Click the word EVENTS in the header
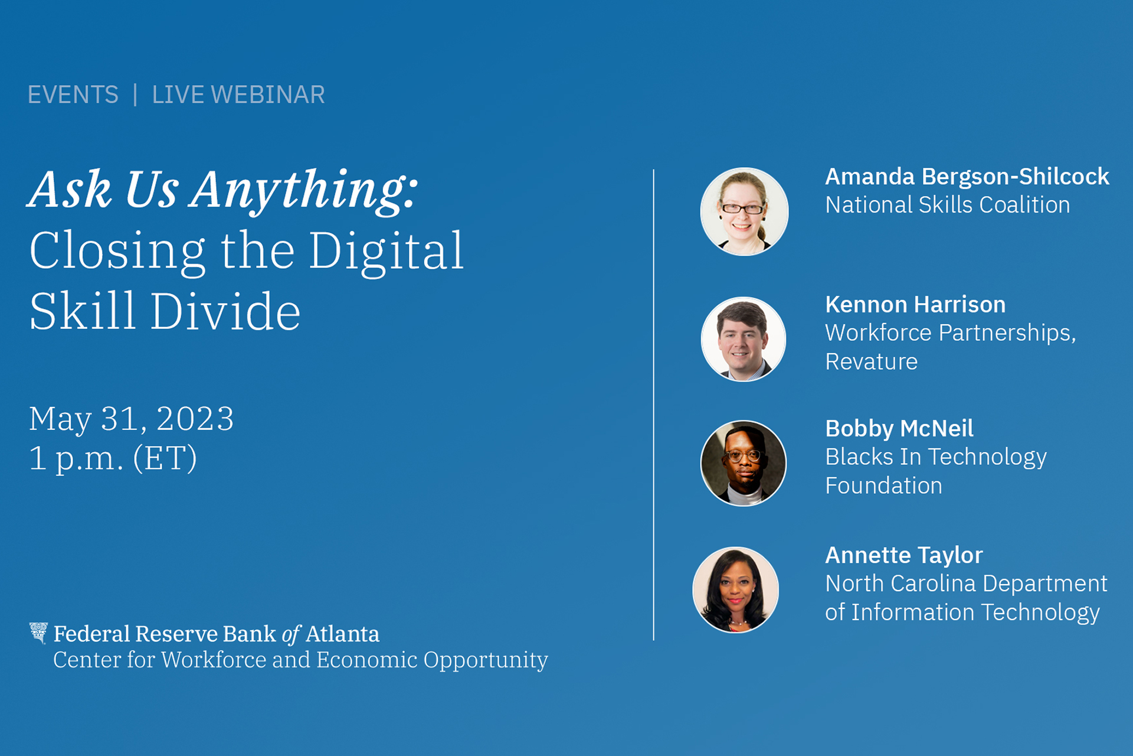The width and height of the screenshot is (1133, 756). pos(73,94)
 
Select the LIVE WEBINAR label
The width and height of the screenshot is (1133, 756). pos(238,94)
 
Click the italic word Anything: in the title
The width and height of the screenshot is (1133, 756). pos(304,190)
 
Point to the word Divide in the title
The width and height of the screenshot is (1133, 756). pos(225,311)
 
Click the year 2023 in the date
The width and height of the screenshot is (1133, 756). pos(195,419)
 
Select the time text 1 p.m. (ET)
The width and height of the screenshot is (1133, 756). pos(113,458)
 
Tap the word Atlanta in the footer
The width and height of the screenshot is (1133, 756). pos(343,634)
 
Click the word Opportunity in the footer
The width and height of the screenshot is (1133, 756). pos(486,660)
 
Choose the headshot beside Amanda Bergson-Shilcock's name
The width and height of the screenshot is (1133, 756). pos(744,211)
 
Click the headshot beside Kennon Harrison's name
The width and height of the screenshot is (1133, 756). pos(744,339)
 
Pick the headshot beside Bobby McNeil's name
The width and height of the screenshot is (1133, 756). pos(744,463)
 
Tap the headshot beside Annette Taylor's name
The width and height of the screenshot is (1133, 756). pos(736,589)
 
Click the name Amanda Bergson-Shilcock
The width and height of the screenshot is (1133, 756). pos(967,177)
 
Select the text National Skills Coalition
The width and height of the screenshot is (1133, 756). pos(948,205)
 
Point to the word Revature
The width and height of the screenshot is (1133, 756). pos(872,361)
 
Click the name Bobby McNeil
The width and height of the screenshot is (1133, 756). pos(899,429)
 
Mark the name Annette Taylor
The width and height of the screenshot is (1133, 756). pos(904,555)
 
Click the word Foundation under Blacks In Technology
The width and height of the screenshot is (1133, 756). pos(884,485)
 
